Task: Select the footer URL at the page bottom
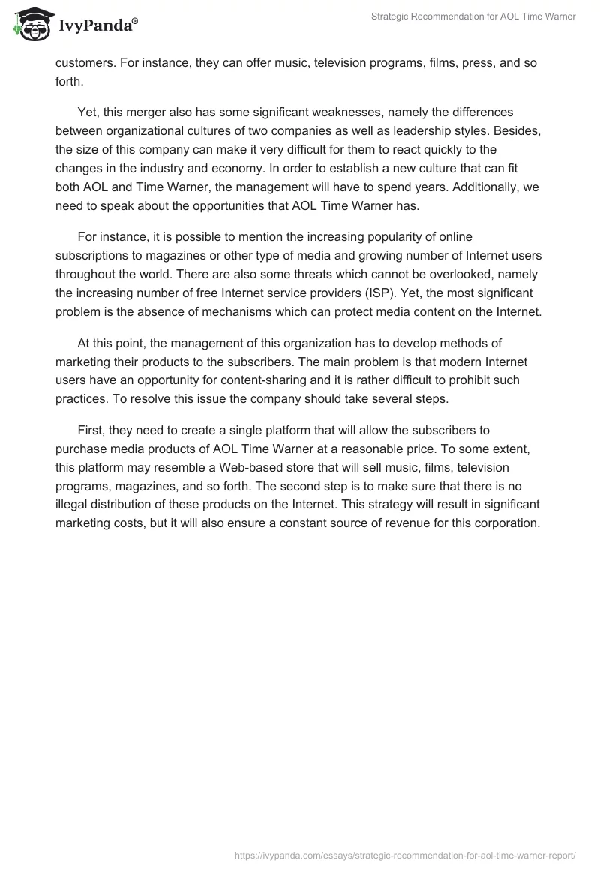click(x=404, y=854)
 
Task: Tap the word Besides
click(x=517, y=130)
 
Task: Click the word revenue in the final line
click(x=399, y=524)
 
